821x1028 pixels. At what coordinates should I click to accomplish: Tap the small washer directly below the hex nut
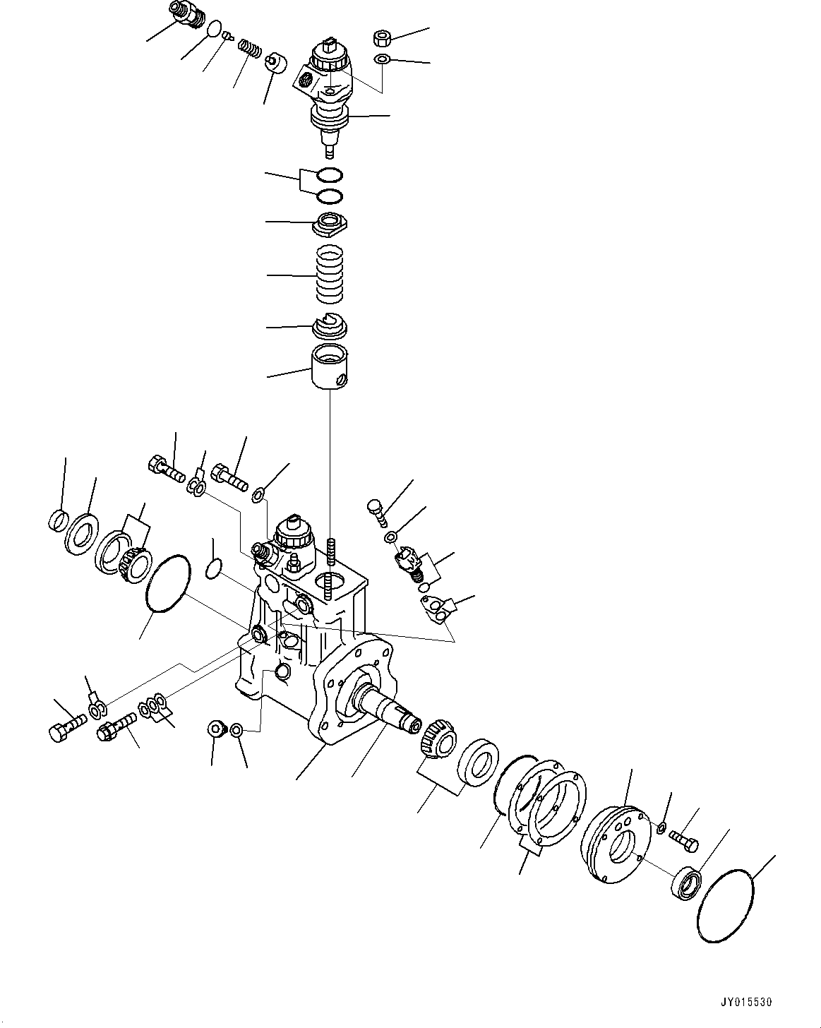(x=381, y=59)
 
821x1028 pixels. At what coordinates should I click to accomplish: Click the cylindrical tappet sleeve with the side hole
(x=330, y=366)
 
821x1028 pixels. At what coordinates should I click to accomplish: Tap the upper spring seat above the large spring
(x=330, y=225)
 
